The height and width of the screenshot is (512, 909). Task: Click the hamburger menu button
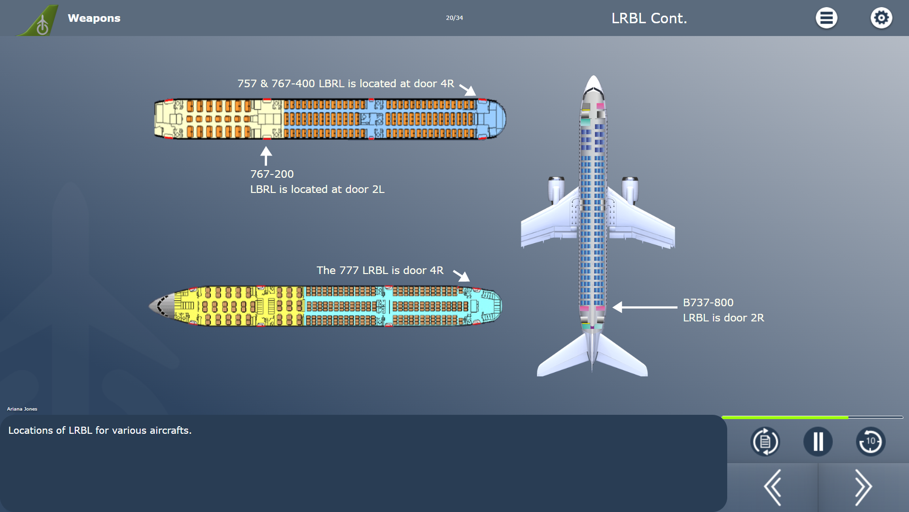[x=826, y=18]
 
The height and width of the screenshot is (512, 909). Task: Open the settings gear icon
[x=881, y=18]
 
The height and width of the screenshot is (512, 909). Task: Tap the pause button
[x=818, y=442]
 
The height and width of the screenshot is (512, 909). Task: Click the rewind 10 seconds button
[x=870, y=442]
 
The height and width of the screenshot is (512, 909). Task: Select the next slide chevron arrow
[x=863, y=487]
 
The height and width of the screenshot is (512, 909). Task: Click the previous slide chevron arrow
[x=773, y=487]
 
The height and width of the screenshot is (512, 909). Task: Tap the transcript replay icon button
[x=765, y=442]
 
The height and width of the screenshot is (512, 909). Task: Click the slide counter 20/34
[x=454, y=18]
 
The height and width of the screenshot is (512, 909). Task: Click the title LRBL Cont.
[x=649, y=18]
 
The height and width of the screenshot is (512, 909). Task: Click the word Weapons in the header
[x=94, y=18]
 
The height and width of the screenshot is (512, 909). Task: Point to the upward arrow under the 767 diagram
[x=266, y=155]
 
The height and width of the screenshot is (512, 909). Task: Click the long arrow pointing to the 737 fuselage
[x=645, y=307]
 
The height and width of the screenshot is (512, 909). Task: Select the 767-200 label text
[x=272, y=174]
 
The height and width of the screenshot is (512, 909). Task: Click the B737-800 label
[x=708, y=302]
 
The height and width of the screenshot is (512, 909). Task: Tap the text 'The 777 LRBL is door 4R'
[x=380, y=270]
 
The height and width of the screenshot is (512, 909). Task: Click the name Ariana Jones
[x=22, y=409]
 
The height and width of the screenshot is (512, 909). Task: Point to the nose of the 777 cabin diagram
[x=159, y=306]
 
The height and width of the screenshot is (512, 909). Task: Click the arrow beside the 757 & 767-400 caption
[x=468, y=89]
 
